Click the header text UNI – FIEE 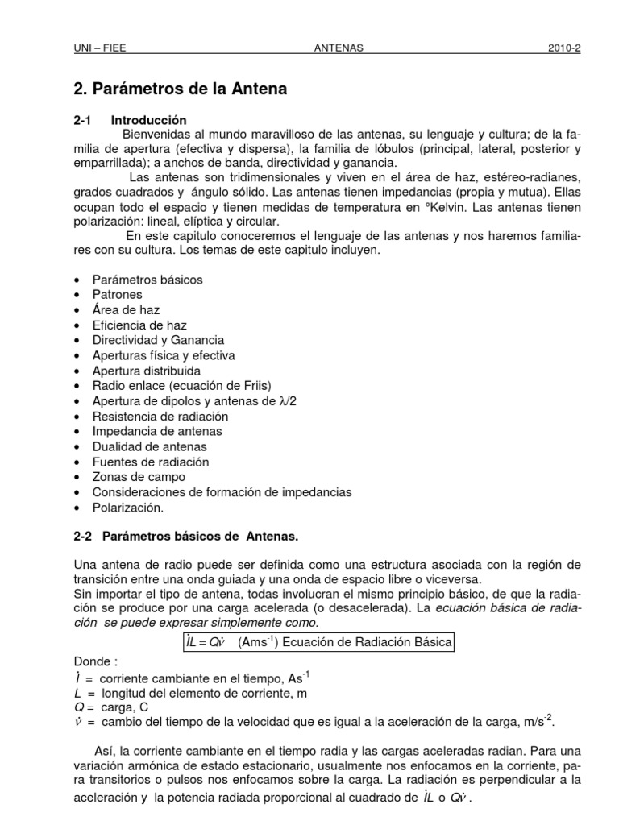pyautogui.click(x=100, y=48)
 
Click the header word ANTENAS pyautogui.click(x=338, y=48)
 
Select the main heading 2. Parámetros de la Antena pyautogui.click(x=180, y=89)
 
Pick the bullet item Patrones pyautogui.click(x=118, y=295)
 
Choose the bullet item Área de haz pyautogui.click(x=126, y=310)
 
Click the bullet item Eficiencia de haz pyautogui.click(x=139, y=325)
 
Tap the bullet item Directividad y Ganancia pyautogui.click(x=158, y=341)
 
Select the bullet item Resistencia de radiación pyautogui.click(x=160, y=417)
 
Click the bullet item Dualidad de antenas pyautogui.click(x=150, y=446)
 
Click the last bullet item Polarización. pyautogui.click(x=128, y=508)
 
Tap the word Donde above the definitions pyautogui.click(x=93, y=662)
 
